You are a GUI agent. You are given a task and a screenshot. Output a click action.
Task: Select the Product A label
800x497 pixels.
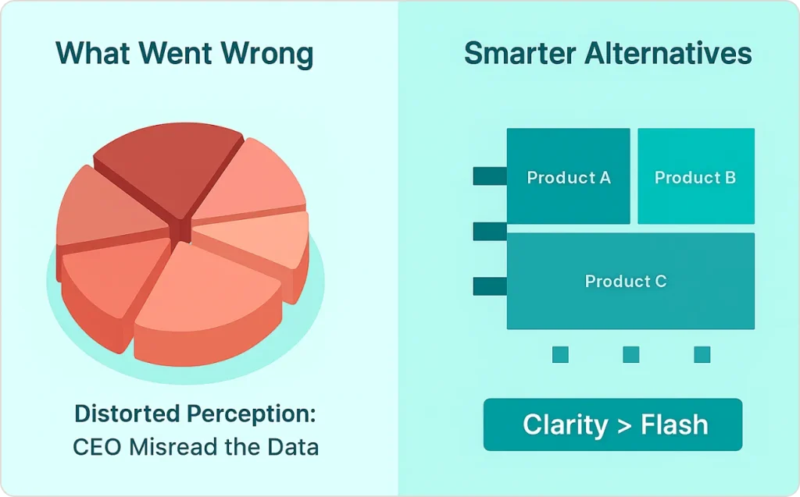click(569, 178)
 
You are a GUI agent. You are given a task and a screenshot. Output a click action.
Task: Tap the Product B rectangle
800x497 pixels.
click(695, 177)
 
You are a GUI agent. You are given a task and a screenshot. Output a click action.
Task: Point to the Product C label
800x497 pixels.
click(626, 282)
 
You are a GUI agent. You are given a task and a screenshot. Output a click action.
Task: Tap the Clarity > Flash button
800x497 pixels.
click(612, 425)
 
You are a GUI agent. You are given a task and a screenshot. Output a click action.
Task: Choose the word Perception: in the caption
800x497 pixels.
click(259, 414)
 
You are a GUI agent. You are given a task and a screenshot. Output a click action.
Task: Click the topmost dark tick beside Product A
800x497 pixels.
click(490, 177)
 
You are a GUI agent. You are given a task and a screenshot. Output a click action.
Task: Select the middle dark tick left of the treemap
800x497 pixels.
click(490, 232)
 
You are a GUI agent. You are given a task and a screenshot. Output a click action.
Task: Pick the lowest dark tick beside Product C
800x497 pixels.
click(490, 286)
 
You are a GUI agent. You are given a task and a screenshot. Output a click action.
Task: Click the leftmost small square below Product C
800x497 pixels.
click(560, 355)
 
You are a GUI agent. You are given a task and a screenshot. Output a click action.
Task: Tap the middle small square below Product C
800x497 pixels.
click(630, 355)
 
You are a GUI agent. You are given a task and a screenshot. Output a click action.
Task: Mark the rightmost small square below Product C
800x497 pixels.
click(702, 355)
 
